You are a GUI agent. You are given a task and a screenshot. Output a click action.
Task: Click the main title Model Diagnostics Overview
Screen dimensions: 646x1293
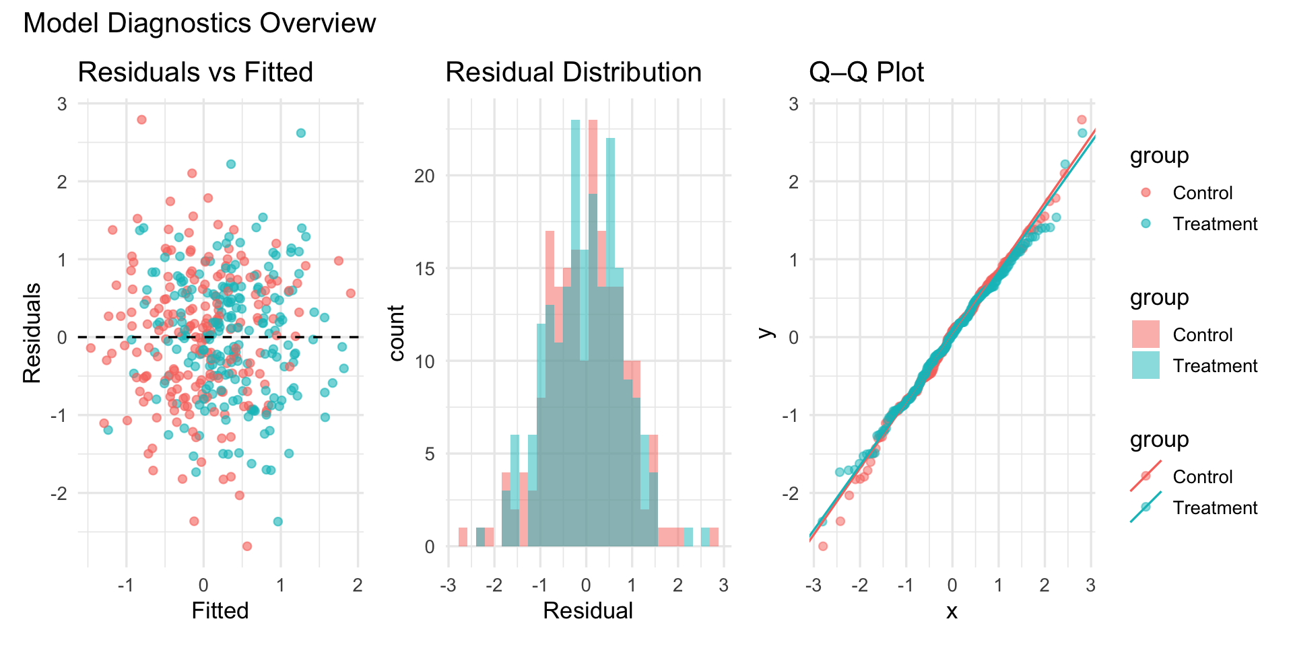[199, 24]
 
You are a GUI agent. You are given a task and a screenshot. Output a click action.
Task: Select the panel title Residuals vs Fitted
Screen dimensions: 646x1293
[195, 72]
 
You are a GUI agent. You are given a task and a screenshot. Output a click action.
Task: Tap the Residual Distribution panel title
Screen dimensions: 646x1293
[573, 72]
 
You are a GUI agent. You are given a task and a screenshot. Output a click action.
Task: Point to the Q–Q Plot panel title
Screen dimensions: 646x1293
[866, 72]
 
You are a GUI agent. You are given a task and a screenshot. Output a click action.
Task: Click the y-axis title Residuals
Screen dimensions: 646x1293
[32, 334]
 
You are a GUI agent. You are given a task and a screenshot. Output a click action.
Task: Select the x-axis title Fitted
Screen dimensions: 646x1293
[220, 610]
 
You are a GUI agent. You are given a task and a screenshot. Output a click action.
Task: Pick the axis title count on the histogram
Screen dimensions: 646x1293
[397, 334]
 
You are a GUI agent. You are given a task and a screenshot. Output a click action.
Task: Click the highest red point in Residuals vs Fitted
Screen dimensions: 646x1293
[141, 120]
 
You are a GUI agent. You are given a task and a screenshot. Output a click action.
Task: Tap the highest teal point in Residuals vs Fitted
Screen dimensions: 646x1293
[301, 133]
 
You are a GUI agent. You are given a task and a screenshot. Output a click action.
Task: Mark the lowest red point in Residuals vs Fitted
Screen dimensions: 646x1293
[247, 546]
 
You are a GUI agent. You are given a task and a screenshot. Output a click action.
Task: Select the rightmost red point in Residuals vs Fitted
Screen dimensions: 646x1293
[351, 293]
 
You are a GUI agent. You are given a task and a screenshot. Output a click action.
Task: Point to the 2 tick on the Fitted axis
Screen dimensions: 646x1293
[358, 585]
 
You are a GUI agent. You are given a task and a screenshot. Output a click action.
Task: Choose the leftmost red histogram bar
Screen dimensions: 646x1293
[463, 537]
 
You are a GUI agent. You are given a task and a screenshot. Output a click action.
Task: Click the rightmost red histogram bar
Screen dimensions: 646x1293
[714, 537]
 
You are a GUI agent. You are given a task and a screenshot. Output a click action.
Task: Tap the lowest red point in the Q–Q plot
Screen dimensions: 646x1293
[822, 546]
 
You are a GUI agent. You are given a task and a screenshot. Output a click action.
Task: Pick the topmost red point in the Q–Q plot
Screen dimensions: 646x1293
[1082, 120]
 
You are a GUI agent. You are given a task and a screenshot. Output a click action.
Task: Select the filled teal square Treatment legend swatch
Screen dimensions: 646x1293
[1146, 365]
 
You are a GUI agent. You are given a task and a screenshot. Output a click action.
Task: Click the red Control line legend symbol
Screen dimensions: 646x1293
[1146, 476]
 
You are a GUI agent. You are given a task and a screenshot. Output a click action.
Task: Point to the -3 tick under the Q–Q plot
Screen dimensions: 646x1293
[813, 585]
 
